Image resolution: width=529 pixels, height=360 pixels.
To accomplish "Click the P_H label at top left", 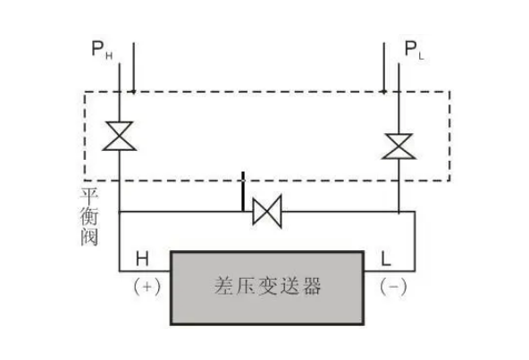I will tap(101, 50).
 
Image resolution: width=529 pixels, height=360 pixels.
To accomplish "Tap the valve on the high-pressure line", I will tap(118, 136).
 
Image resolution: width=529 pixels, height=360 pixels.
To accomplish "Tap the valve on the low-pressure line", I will tap(398, 143).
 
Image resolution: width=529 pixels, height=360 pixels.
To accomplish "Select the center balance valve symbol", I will tap(265, 212).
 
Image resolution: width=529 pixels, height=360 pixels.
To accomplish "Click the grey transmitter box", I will tap(266, 286).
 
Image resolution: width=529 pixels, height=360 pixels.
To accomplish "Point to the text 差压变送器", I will tap(266, 287).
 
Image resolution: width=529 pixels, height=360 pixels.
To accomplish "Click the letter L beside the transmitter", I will tap(385, 259).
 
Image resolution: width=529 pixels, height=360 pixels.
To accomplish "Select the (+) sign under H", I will tap(145, 288).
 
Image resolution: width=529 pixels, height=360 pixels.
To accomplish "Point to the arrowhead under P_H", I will tap(131, 88).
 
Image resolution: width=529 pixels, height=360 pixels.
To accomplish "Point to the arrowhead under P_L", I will tap(383, 88).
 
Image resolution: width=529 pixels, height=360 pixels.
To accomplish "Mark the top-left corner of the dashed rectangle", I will tap(85, 91).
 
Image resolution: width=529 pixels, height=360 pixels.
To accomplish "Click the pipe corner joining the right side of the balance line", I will tap(415, 212).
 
